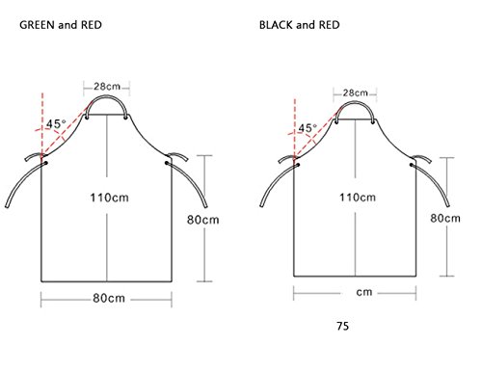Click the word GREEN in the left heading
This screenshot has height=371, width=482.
point(37,25)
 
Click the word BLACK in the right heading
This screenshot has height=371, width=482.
point(276,25)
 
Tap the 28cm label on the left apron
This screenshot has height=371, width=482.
point(107,87)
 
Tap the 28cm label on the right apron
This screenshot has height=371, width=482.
point(355,93)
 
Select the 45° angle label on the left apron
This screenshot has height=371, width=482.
point(56,123)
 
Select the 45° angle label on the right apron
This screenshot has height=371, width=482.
point(308,128)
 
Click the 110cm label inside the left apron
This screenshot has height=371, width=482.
point(109,198)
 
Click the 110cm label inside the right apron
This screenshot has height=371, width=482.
point(358,197)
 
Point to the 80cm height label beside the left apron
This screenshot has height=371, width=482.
point(203,220)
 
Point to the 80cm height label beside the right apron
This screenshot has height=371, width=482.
point(445,219)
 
